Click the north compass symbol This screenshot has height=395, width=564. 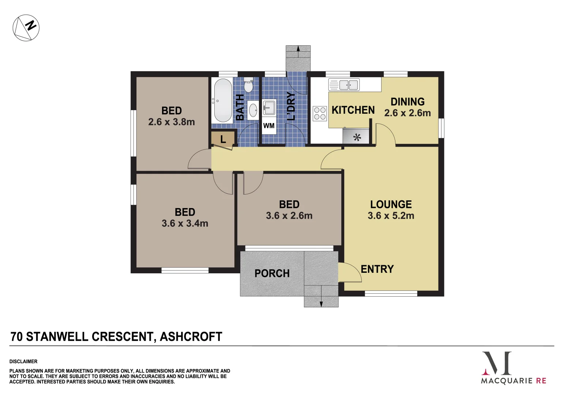pyautogui.click(x=26, y=28)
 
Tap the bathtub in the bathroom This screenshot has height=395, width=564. pyautogui.click(x=222, y=101)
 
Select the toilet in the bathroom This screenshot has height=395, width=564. pyautogui.click(x=249, y=86)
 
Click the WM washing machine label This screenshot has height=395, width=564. pyautogui.click(x=269, y=126)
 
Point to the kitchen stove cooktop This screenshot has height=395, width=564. pyautogui.click(x=320, y=113)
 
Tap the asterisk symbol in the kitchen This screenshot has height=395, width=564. pyautogui.click(x=357, y=138)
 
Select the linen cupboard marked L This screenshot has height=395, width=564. pyautogui.click(x=223, y=139)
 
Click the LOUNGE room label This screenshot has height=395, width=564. pyautogui.click(x=391, y=204)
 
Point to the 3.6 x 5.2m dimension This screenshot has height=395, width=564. pyautogui.click(x=391, y=216)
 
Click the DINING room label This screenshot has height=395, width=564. pyautogui.click(x=407, y=102)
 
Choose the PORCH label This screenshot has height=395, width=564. pyautogui.click(x=272, y=274)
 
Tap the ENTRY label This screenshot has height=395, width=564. pyautogui.click(x=377, y=269)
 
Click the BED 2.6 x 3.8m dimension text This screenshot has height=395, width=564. pyautogui.click(x=172, y=122)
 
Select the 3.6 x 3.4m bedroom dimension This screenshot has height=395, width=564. pyautogui.click(x=185, y=223)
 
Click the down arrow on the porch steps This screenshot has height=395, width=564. pyautogui.click(x=321, y=302)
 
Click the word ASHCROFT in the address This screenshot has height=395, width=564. pyautogui.click(x=191, y=336)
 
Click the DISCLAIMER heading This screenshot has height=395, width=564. pyautogui.click(x=23, y=361)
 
